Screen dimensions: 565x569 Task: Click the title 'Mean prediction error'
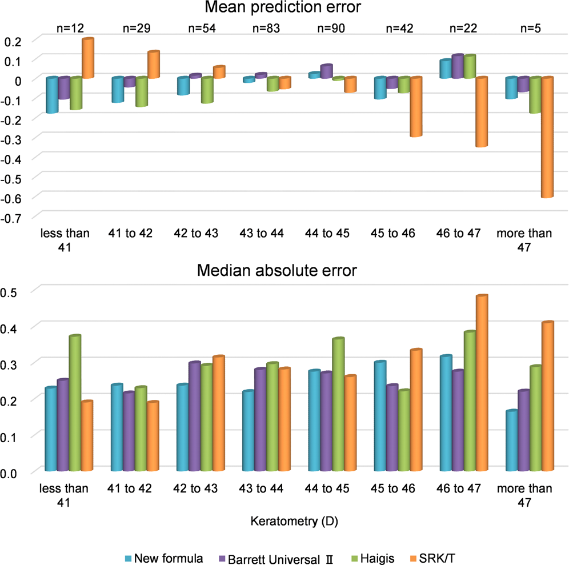pyautogui.click(x=283, y=10)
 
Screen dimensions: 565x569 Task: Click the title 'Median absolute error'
pyautogui.click(x=277, y=270)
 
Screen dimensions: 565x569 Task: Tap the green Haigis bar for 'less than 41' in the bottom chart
pyautogui.click(x=75, y=403)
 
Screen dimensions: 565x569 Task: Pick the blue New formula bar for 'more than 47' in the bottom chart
pyautogui.click(x=512, y=440)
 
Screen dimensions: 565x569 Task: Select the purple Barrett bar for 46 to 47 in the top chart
pyautogui.click(x=457, y=67)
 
